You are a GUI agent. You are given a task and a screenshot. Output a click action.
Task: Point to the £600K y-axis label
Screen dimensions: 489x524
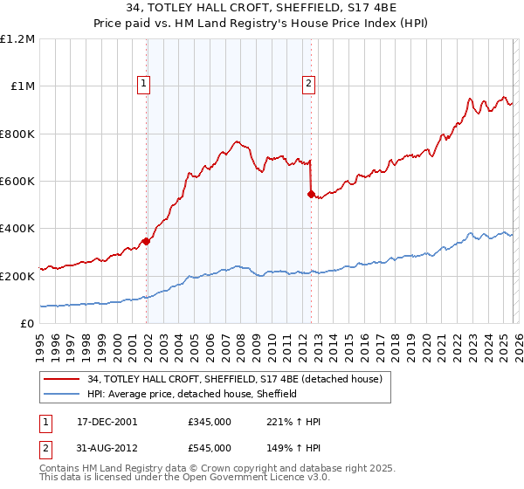coord(18,182)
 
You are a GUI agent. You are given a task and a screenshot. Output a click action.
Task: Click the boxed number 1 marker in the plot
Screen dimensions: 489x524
coord(143,84)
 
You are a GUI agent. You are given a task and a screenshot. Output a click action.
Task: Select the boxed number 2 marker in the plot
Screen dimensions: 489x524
coord(308,84)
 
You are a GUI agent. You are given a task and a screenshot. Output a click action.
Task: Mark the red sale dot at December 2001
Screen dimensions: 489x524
coord(146,242)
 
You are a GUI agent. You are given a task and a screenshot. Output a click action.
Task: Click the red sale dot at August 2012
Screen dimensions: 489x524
coord(310,194)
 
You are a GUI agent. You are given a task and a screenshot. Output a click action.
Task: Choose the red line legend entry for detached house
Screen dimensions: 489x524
coord(235,380)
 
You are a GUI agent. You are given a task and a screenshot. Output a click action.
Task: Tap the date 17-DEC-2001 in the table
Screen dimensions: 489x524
coord(107,422)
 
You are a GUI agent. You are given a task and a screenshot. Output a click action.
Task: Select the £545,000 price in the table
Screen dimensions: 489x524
coord(210,448)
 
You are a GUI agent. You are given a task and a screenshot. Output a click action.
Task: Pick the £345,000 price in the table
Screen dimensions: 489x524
coord(210,422)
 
